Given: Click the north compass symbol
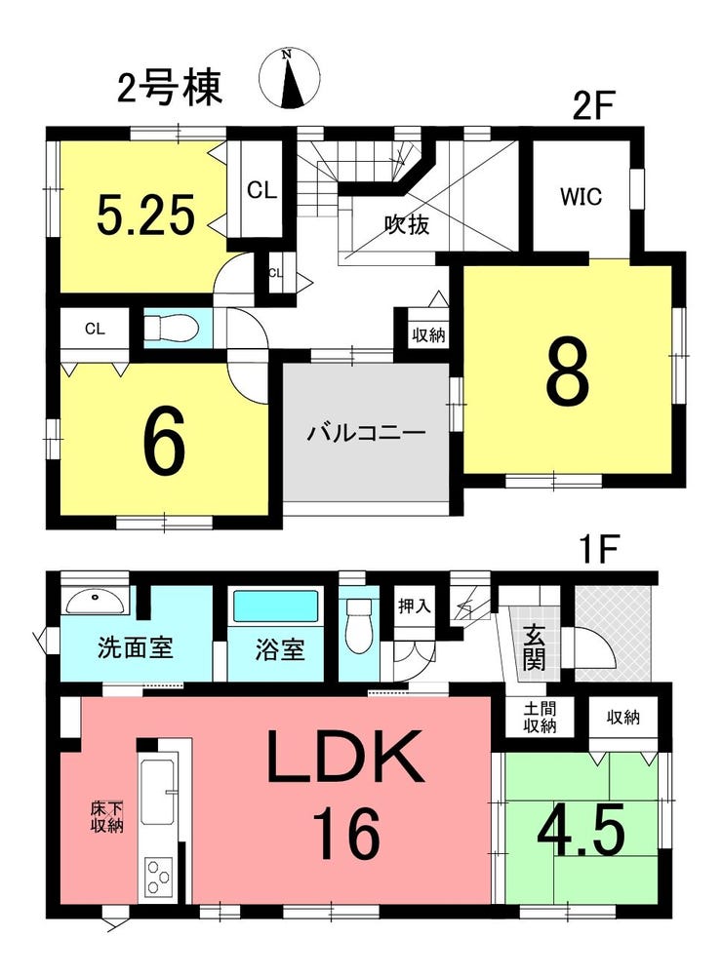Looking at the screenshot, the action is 290,79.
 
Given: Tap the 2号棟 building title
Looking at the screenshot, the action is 170,88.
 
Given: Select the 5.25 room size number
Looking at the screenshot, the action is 146,214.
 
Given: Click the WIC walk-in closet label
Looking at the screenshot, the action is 581,197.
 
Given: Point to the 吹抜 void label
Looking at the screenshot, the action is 407,223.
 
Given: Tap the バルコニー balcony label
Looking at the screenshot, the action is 366,432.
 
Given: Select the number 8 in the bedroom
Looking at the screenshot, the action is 568,372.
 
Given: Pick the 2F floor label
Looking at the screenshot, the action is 593,106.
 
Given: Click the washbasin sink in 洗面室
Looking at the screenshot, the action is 95,602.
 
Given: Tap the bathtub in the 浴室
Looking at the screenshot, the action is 275,606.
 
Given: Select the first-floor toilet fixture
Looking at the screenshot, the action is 358,625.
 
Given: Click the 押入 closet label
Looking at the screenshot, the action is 414,605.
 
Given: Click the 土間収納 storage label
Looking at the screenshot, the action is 540,718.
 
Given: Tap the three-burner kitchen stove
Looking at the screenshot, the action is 158,878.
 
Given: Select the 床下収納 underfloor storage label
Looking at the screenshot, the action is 106,818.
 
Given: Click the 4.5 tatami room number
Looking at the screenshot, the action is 581,830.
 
